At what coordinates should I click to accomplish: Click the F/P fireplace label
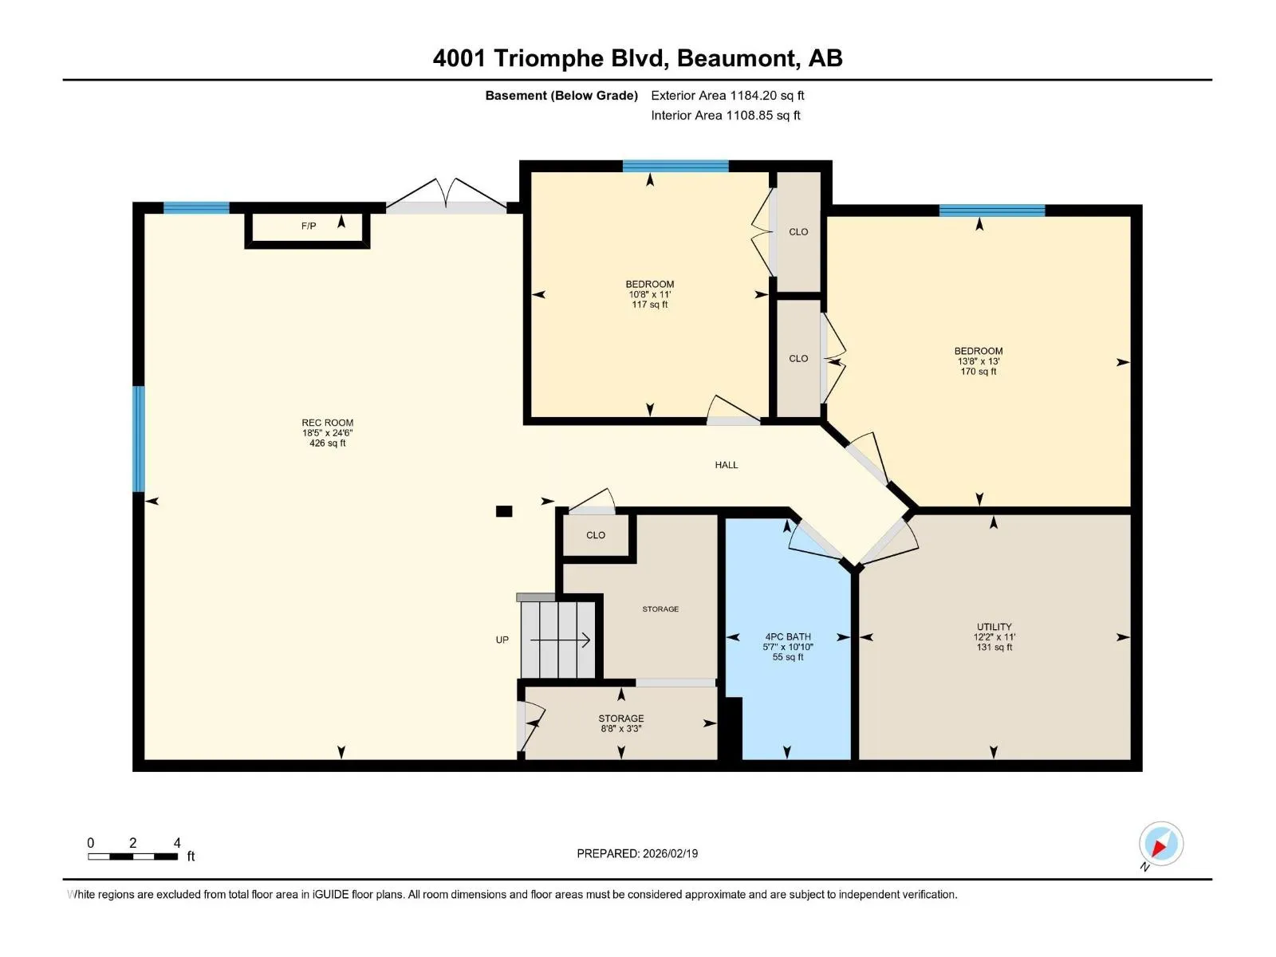coord(309,226)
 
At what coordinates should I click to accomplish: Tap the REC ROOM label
coord(327,423)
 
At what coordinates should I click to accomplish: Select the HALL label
coord(726,465)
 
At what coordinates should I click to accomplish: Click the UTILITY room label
coord(994,627)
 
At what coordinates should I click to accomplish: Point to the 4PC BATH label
coord(788,637)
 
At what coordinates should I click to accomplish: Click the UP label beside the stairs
coord(502,640)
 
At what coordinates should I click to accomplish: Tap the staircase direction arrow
coord(561,640)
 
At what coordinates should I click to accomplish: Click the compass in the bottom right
coord(1161,844)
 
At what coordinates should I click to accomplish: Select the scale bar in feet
coord(132,857)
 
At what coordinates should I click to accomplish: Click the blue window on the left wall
coord(138,439)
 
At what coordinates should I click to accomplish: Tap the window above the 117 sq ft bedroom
coord(675,166)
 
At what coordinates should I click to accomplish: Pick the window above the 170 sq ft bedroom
coord(992,211)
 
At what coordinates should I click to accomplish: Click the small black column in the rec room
coord(504,511)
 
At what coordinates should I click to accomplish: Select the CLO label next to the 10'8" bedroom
coord(798,232)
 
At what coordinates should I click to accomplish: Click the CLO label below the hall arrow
coord(595,535)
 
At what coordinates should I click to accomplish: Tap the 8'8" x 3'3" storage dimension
coord(620,729)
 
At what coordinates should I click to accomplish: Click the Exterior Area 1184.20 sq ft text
coord(727,95)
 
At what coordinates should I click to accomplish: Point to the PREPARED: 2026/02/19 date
coord(637,853)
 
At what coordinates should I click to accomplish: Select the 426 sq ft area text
coord(327,443)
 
